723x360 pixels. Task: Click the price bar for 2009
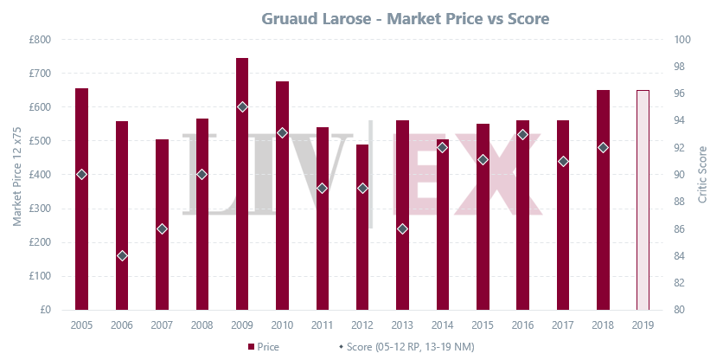[242, 183]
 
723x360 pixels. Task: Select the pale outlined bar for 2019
[643, 200]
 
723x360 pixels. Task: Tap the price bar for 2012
[362, 227]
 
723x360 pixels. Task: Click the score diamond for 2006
[122, 255]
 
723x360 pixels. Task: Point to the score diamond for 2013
[402, 228]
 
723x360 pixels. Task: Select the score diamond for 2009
[242, 107]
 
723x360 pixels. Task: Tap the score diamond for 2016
[522, 134]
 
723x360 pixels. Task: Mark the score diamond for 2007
[162, 228]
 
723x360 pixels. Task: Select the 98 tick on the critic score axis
[681, 67]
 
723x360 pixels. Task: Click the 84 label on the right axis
[681, 255]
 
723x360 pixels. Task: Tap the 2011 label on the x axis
[323, 325]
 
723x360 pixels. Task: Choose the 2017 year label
[562, 325]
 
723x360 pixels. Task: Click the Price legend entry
[263, 347]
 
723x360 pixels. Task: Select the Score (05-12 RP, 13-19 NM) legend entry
[406, 347]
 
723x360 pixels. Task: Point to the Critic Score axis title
[702, 175]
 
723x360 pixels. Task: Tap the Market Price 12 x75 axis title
[17, 175]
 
